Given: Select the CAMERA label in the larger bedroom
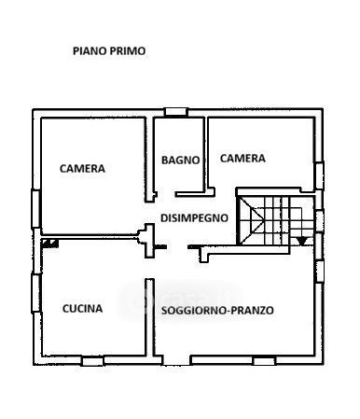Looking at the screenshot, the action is pos(82,169).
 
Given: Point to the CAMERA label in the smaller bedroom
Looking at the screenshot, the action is pos(242,159).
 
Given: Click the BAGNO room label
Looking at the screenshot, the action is pos(181,161).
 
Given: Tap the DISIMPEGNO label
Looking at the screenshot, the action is pos(194,217).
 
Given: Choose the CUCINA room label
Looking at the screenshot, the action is pos(82,309).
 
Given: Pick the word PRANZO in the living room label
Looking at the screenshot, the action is pos(253,311).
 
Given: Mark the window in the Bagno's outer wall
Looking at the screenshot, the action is pos(176,112).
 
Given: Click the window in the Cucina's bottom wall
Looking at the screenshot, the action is pos(92,361).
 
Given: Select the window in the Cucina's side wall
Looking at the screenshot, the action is pos(36,293).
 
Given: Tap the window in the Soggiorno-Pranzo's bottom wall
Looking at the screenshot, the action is pos(264,361).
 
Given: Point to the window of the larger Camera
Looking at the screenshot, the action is pos(36,209).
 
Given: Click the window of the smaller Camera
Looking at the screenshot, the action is pos(319,175).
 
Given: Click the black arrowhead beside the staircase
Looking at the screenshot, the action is pos(301,241).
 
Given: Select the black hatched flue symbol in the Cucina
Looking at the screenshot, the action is pos(50,244).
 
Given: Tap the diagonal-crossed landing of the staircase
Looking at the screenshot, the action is pos(251,220).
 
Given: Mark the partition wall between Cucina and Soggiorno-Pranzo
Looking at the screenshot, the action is pos(150,317).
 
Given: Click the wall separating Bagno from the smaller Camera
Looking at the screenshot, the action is pos(206,155).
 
